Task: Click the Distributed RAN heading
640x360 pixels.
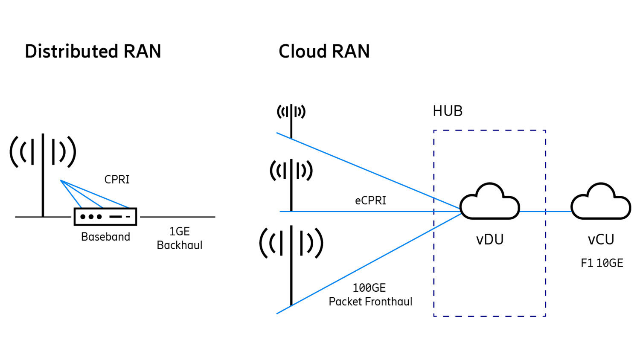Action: (x=93, y=52)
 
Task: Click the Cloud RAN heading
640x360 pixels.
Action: (x=324, y=52)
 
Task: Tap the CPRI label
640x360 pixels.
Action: (x=117, y=180)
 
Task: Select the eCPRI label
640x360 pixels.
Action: (x=370, y=200)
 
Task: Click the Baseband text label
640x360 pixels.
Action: (x=105, y=237)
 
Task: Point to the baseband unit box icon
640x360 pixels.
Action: (x=105, y=217)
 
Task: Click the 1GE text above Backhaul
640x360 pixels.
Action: (x=179, y=232)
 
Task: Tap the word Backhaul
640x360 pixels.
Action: (x=179, y=245)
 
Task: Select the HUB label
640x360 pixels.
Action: (x=447, y=111)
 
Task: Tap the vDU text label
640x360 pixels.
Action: (x=490, y=240)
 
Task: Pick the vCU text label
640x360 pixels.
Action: (x=601, y=240)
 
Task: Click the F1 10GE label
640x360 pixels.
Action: (x=602, y=263)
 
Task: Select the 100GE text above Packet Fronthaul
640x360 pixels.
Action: (x=369, y=288)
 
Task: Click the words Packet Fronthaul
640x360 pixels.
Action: (x=370, y=302)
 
